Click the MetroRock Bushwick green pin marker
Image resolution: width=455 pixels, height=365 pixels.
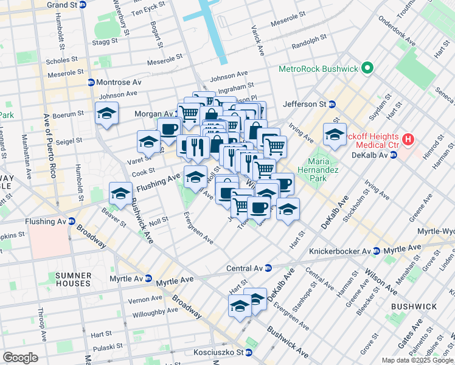(x=367, y=69)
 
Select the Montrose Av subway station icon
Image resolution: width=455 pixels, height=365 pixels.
(x=91, y=82)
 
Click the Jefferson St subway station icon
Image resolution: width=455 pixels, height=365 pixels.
(x=332, y=104)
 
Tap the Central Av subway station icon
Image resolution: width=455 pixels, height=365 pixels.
(x=268, y=268)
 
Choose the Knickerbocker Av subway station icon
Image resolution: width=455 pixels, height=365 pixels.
(x=377, y=251)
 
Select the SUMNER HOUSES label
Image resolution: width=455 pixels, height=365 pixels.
(x=73, y=279)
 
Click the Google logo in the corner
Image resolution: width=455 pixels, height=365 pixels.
(x=20, y=358)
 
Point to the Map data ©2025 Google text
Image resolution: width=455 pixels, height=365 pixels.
(x=417, y=360)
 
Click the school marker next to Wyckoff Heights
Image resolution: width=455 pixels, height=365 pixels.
(x=335, y=135)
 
